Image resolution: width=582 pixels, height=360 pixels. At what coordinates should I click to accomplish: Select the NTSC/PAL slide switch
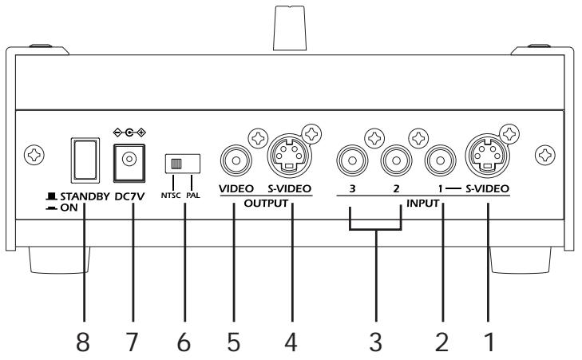pos(181,163)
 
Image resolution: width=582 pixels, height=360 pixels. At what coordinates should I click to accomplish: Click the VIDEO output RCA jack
pos(236,158)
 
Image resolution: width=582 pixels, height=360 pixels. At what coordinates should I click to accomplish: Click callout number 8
pos(81,342)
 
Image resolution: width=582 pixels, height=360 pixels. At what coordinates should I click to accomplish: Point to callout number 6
pos(182,342)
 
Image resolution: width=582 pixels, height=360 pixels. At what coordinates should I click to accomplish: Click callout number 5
pos(236,342)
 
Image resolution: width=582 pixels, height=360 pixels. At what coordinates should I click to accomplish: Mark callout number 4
pos(291,342)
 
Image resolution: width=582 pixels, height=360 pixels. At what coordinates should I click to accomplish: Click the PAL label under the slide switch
pos(192,195)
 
